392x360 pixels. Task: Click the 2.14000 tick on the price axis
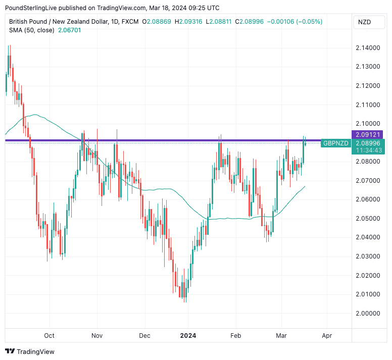coord(367,47)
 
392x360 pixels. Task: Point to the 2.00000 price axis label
coord(367,313)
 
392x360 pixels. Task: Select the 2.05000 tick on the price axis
coord(367,218)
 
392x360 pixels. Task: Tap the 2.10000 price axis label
coord(367,123)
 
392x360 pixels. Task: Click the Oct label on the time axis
coord(49,335)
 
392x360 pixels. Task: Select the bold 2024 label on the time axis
coord(188,335)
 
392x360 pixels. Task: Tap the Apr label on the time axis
coord(327,335)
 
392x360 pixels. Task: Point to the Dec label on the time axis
coord(145,335)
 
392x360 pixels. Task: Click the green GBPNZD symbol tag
coord(336,143)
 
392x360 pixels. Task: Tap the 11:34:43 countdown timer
coord(369,150)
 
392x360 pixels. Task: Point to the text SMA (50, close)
coord(31,30)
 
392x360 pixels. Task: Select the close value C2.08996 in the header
coord(253,22)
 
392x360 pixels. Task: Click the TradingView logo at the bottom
coord(30,351)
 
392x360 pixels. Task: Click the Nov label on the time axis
coord(97,335)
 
